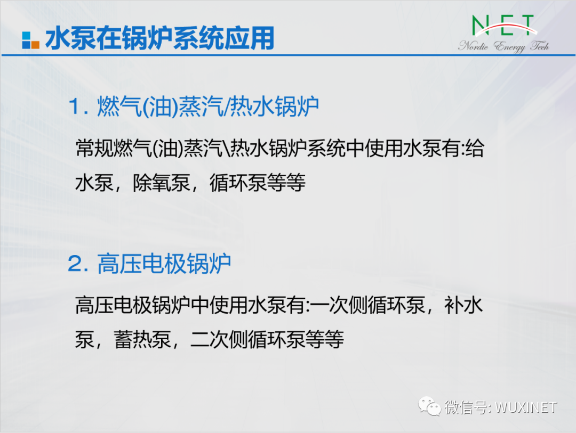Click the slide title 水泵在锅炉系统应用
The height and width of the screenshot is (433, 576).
[x=160, y=38]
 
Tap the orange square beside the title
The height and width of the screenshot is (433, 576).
[x=35, y=45]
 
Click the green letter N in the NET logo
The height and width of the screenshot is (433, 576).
[x=480, y=26]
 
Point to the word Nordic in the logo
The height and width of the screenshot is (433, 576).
[x=474, y=46]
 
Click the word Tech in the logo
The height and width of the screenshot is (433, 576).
[x=540, y=45]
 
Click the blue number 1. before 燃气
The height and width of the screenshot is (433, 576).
[x=78, y=107]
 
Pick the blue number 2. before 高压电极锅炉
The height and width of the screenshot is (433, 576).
[x=78, y=264]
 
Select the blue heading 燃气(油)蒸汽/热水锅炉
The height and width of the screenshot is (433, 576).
[x=208, y=107]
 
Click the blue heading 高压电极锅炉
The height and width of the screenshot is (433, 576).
[x=164, y=264]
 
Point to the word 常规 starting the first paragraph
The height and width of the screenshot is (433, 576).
[x=94, y=148]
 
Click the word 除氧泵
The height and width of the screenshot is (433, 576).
[x=161, y=182]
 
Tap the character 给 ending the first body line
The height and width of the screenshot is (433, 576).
[x=475, y=148]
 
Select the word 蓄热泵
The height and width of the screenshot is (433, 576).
[x=142, y=339]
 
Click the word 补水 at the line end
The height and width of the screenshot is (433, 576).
[x=463, y=305]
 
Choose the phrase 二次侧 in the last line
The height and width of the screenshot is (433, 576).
[x=219, y=339]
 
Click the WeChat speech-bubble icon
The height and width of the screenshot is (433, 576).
[x=429, y=406]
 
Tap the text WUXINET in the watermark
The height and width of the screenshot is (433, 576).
[x=526, y=407]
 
